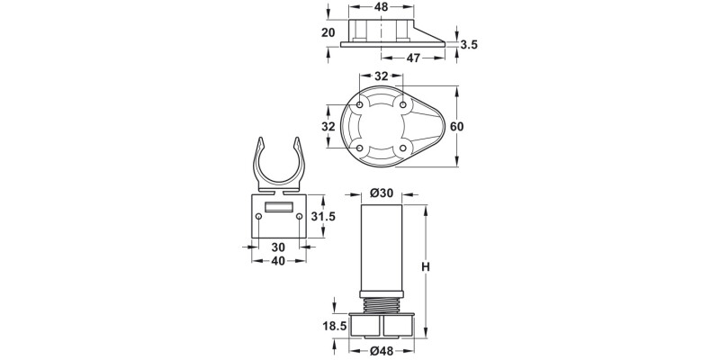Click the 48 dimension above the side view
[382, 7]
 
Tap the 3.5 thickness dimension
[468, 43]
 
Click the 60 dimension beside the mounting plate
[456, 126]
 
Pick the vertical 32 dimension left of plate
[329, 126]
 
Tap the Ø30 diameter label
[382, 193]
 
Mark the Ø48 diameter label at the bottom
[382, 350]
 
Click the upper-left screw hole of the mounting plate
[361, 106]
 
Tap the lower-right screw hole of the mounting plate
[402, 148]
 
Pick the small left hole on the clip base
[259, 216]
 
